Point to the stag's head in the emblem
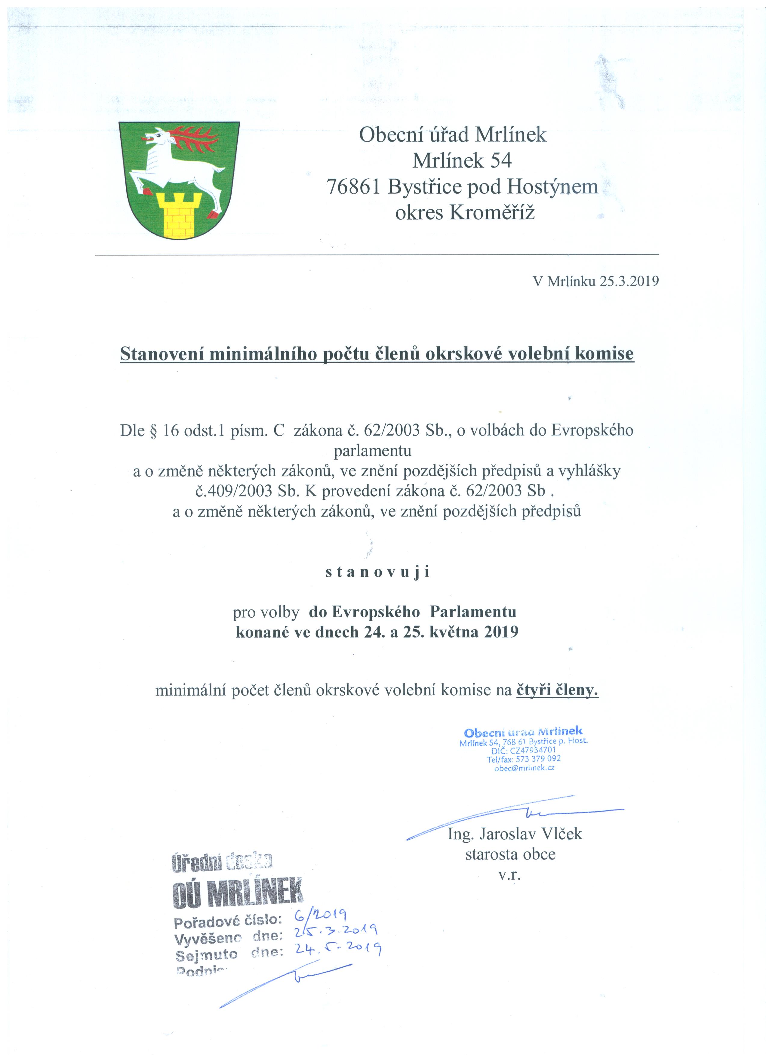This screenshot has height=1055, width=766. [x=158, y=136]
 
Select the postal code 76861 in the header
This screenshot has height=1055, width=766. [x=354, y=187]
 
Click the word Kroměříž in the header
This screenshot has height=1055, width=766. [x=492, y=213]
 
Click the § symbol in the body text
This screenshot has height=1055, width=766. [x=152, y=431]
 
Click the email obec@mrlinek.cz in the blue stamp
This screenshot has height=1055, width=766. [x=524, y=768]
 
